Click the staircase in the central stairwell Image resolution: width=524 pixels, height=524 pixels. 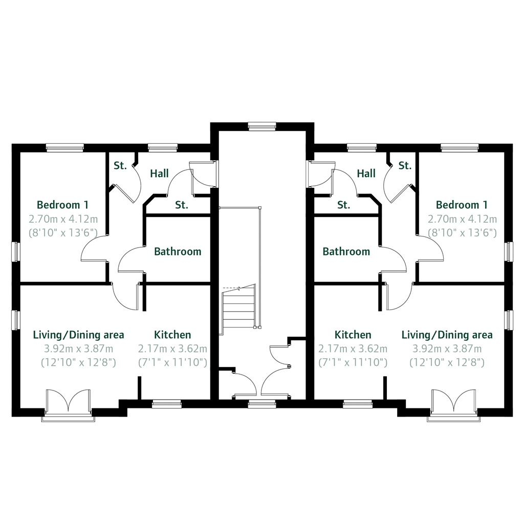pyautogui.click(x=238, y=310)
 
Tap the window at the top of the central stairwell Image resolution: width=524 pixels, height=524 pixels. pyautogui.click(x=262, y=126)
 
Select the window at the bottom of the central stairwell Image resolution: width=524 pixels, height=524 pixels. pyautogui.click(x=262, y=404)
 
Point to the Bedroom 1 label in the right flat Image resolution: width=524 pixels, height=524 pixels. pyautogui.click(x=462, y=205)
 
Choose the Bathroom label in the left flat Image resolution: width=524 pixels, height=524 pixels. pyautogui.click(x=178, y=252)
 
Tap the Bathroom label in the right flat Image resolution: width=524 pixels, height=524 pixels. pyautogui.click(x=346, y=252)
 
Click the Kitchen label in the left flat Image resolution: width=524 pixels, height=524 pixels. pyautogui.click(x=172, y=335)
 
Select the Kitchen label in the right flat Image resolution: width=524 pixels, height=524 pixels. pyautogui.click(x=353, y=335)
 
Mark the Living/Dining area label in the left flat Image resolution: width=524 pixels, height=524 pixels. pyautogui.click(x=78, y=335)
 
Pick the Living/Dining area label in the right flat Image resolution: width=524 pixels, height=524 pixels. pyautogui.click(x=447, y=335)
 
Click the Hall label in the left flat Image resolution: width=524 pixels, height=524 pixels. pyautogui.click(x=159, y=174)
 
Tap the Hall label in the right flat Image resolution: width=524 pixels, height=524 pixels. pyautogui.click(x=366, y=174)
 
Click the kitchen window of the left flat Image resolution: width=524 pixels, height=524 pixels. pyautogui.click(x=167, y=404)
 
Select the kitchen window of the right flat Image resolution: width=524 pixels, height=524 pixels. pyautogui.click(x=357, y=404)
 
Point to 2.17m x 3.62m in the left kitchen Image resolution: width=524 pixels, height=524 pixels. pyautogui.click(x=172, y=349)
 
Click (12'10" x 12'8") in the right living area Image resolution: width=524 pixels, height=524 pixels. pyautogui.click(x=447, y=363)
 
